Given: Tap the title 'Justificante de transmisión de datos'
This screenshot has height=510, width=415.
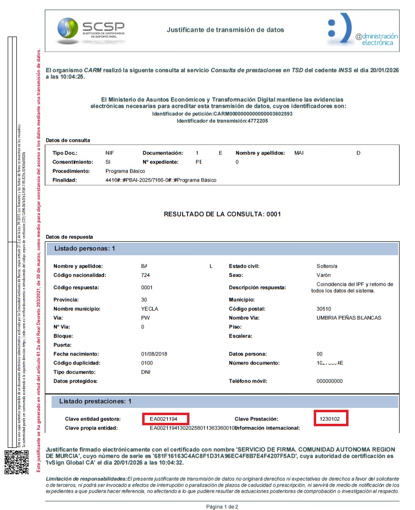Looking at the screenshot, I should click(225, 30).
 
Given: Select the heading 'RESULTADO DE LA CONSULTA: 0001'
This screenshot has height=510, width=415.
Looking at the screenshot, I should click(222, 214).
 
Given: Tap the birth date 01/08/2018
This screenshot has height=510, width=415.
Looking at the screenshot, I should click(154, 354).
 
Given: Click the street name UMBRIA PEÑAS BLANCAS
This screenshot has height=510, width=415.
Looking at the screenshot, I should click(348, 318).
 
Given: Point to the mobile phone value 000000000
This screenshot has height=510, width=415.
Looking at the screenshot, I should click(326, 381).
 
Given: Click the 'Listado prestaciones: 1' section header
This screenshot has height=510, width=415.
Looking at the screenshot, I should click(95, 401).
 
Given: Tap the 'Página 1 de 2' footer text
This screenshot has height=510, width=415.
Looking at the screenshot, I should click(222, 507).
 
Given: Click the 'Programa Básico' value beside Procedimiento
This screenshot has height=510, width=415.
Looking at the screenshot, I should click(125, 171).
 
